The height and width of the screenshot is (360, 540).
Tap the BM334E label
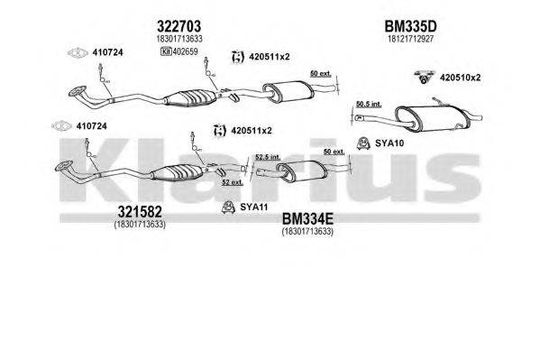point(309,218)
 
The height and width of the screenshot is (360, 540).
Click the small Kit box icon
point(166,51)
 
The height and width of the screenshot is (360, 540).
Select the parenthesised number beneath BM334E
point(309,232)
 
